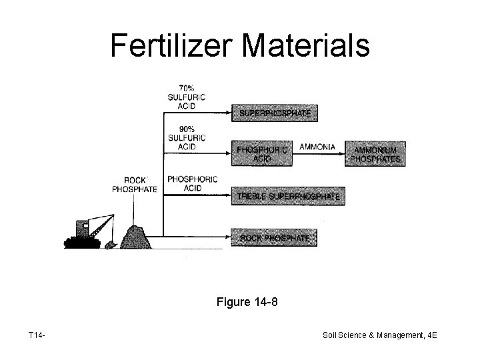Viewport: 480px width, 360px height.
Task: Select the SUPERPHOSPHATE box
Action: pyautogui.click(x=275, y=113)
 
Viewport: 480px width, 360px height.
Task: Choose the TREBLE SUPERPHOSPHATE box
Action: pyautogui.click(x=288, y=197)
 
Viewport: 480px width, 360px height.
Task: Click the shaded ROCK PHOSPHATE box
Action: pyautogui.click(x=275, y=237)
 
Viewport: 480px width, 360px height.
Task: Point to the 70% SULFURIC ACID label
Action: pyautogui.click(x=186, y=97)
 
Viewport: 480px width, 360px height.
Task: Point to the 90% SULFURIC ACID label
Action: pyautogui.click(x=186, y=137)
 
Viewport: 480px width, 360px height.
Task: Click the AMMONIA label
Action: pyautogui.click(x=317, y=146)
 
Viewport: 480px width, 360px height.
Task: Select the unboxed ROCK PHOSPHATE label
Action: pyautogui.click(x=135, y=185)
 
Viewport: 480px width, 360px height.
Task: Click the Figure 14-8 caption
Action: pyautogui.click(x=247, y=303)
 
